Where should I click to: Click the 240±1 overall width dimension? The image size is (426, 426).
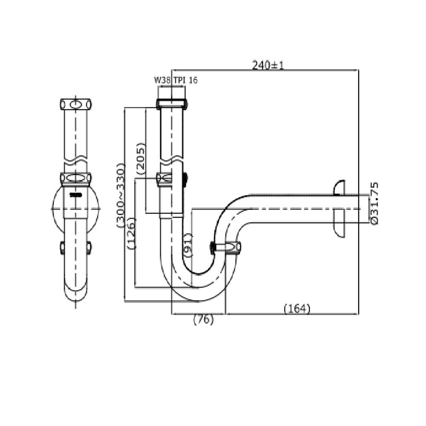268,65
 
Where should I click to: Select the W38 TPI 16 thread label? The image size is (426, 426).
176,80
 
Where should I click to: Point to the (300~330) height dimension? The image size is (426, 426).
120,196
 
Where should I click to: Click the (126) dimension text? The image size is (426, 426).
131,233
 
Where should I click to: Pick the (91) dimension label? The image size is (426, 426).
187,245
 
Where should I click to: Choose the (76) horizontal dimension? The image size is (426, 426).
203,319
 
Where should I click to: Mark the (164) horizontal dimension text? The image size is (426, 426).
297,308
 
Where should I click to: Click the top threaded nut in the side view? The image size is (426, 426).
172,104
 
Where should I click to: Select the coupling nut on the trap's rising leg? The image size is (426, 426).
226,247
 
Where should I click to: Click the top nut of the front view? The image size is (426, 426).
75,104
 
